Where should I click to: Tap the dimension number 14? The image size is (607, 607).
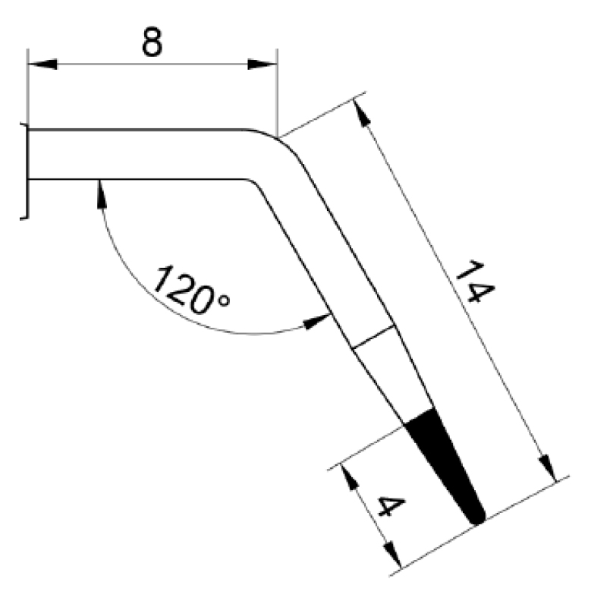coord(475,281)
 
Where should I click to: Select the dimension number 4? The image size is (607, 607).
coord(391,506)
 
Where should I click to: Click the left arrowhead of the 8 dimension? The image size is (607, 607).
coord(42,64)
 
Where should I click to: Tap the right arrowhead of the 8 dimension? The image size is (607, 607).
coord(263,64)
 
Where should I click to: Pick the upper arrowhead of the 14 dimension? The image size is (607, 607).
coord(362,113)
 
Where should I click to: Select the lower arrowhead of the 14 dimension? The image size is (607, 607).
coord(547,468)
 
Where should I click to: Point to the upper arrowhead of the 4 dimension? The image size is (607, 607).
coord(348,478)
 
